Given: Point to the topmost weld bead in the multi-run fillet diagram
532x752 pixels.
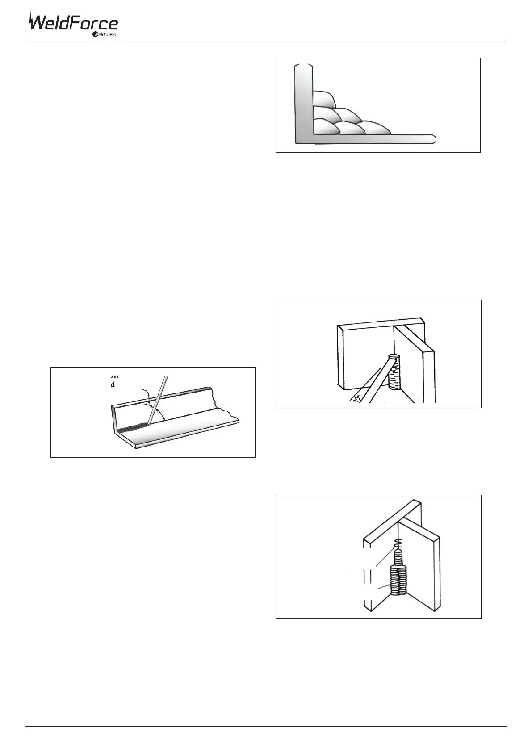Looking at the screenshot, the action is (x=323, y=99).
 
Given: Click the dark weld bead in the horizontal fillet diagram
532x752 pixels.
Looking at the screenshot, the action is (x=132, y=427).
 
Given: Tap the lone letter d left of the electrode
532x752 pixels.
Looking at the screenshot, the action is (x=113, y=384).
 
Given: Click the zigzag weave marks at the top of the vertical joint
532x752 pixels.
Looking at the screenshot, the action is (x=399, y=544).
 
